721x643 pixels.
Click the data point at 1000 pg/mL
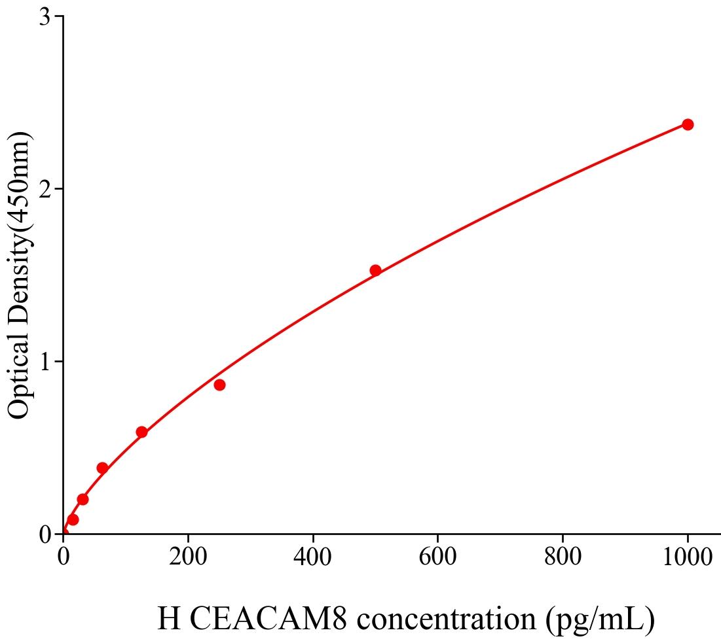tap(688, 124)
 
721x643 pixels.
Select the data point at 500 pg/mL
tap(375, 270)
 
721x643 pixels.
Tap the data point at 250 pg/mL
tap(219, 385)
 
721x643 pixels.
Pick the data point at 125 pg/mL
tap(141, 432)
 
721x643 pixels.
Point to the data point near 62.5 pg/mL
tap(102, 468)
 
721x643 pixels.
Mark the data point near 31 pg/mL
tap(83, 499)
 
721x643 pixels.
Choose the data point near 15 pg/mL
tap(73, 519)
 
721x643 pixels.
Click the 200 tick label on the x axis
tap(188, 557)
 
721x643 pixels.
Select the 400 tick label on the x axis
tap(313, 557)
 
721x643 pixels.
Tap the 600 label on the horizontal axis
tap(437, 557)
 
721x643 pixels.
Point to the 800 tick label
tap(563, 557)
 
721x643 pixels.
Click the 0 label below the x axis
tap(64, 557)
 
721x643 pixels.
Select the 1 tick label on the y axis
tap(45, 362)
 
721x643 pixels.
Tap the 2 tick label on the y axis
tap(45, 189)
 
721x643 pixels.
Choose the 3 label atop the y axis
tap(45, 17)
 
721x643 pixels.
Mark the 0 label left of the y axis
tap(45, 534)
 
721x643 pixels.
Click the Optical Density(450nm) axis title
tap(19, 275)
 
